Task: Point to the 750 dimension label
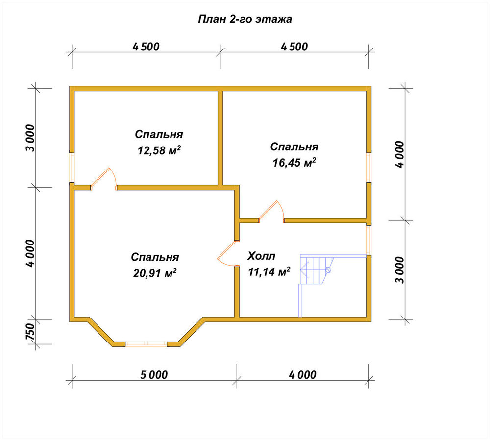[x=30, y=332]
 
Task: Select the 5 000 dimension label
[x=154, y=375]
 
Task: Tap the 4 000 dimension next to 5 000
[x=302, y=375]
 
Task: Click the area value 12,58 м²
[x=159, y=150]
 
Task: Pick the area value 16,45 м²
[x=294, y=163]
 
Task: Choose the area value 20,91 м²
[x=155, y=273]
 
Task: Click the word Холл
[x=262, y=256]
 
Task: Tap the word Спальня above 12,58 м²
[x=159, y=134]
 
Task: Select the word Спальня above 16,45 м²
[x=294, y=147]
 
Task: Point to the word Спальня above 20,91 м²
[x=155, y=257]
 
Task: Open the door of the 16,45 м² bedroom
[x=271, y=212]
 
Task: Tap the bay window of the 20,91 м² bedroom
[x=146, y=344]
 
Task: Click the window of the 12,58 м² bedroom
[x=72, y=168]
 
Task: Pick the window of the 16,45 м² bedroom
[x=369, y=168]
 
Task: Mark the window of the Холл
[x=369, y=240]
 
